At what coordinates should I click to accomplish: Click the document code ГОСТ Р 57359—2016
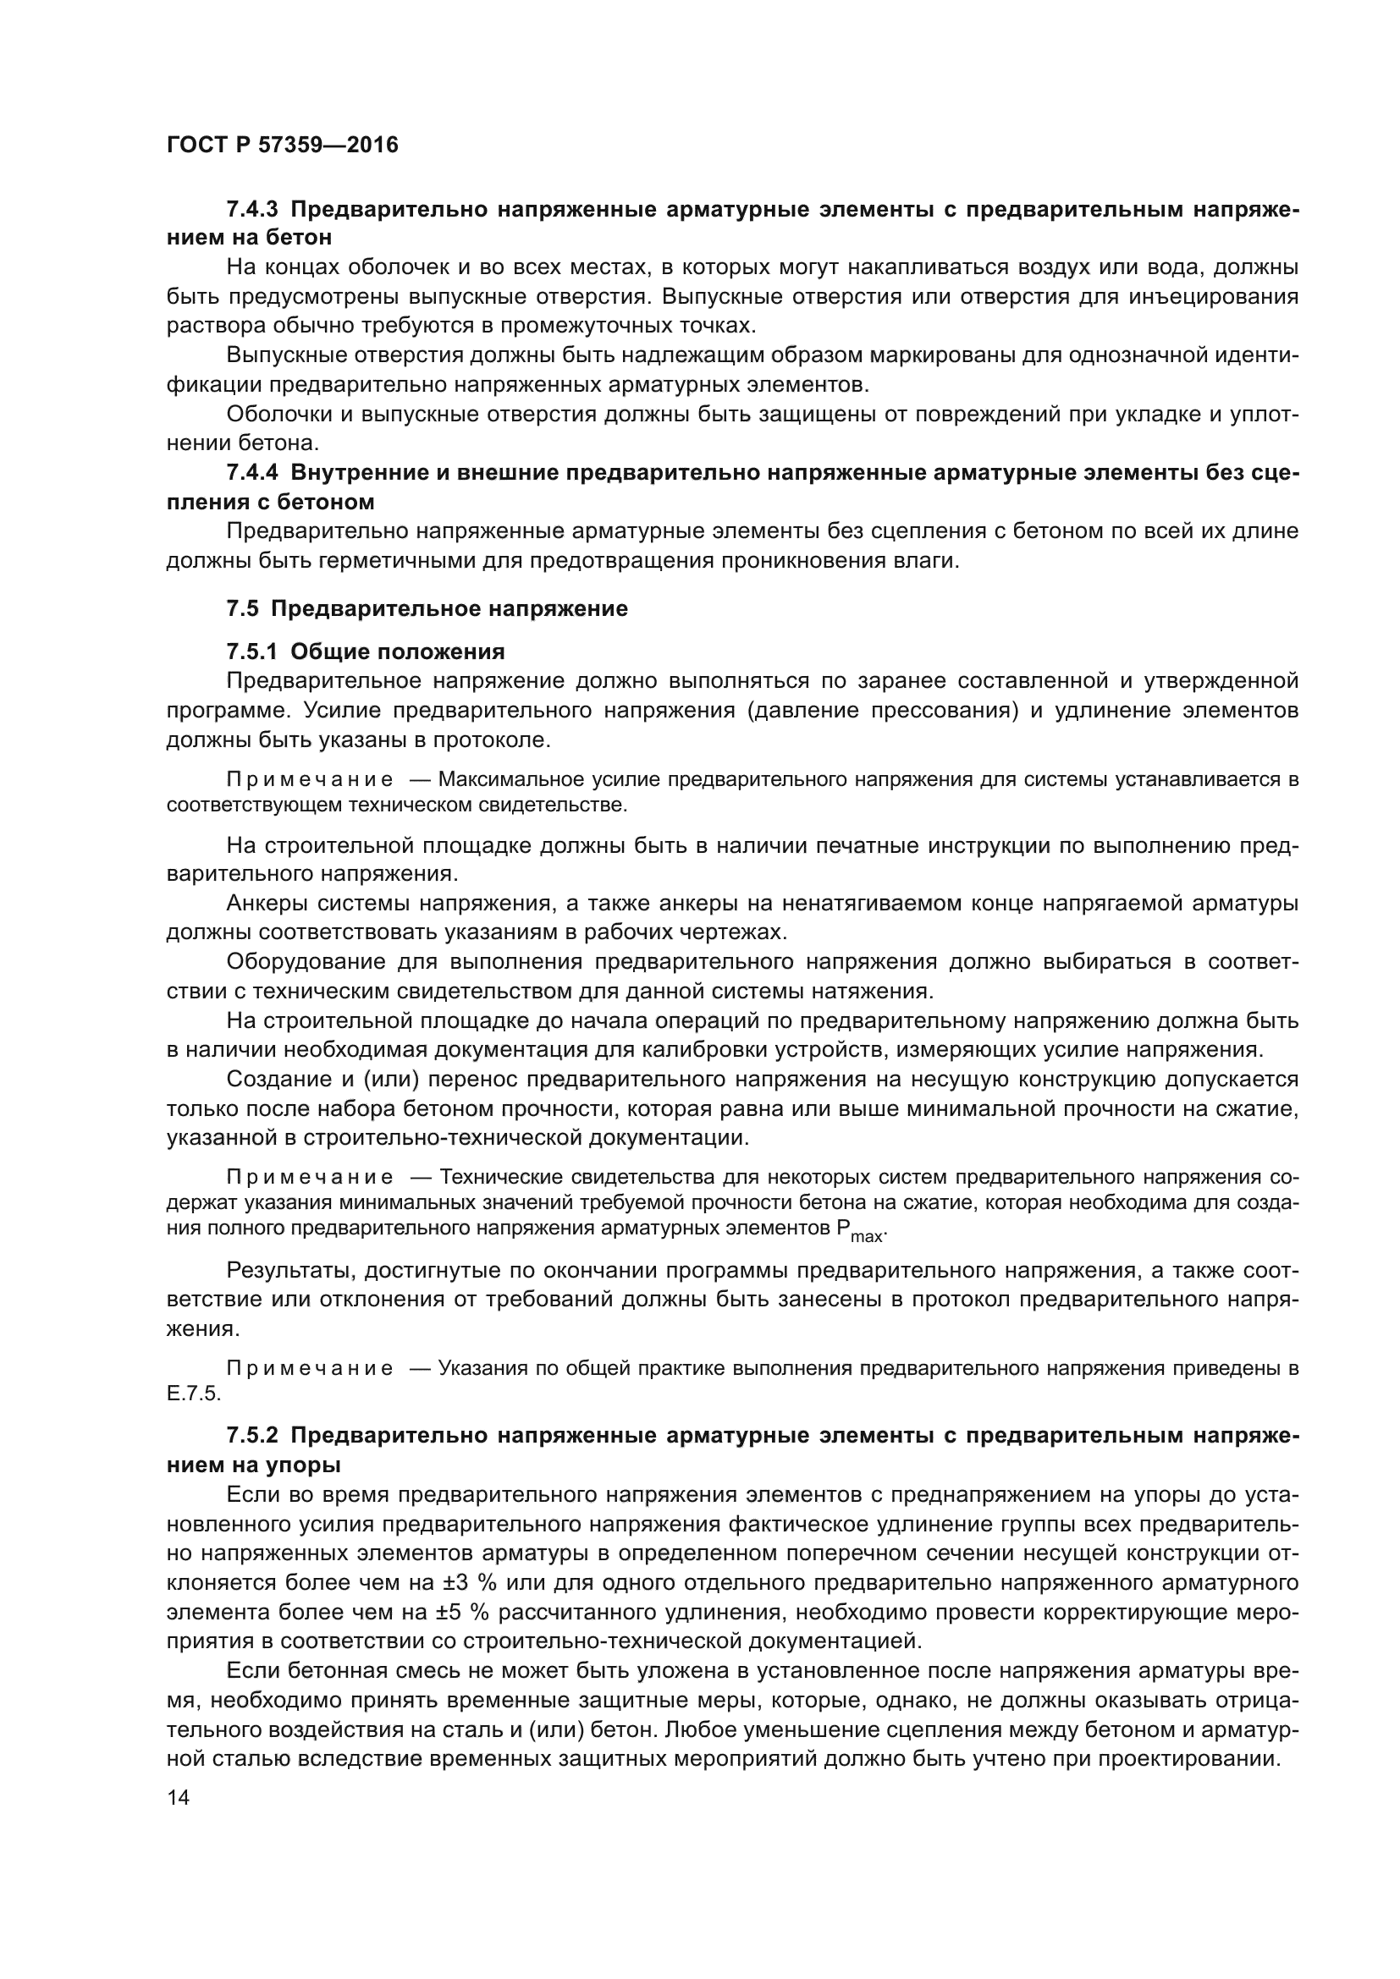point(282,145)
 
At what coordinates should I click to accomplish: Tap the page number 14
point(179,1797)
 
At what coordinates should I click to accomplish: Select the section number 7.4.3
point(252,209)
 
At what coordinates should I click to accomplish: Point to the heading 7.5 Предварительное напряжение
point(427,608)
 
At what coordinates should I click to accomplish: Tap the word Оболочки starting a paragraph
point(277,414)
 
